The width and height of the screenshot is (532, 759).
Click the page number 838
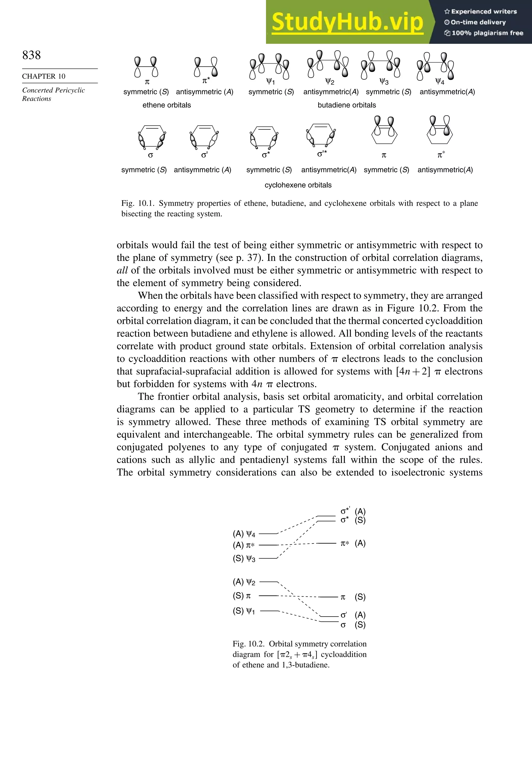coord(31,55)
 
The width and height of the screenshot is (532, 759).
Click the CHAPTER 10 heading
coord(43,76)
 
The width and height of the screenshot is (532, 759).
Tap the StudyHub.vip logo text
coord(347,22)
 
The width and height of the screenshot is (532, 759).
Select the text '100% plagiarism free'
coord(487,33)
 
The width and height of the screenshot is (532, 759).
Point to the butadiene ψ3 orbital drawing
coord(380,65)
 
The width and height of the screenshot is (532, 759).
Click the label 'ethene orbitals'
coord(167,105)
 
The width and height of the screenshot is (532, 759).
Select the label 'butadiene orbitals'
coord(347,105)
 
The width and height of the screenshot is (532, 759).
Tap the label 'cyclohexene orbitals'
coord(298,185)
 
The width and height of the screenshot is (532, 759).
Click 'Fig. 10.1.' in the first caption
coord(138,203)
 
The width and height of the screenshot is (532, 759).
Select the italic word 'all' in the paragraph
coord(122,270)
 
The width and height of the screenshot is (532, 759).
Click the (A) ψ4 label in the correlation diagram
coord(244,534)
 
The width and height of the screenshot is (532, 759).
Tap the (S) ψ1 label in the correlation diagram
coord(244,611)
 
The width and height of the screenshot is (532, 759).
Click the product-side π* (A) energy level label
coord(353,543)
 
